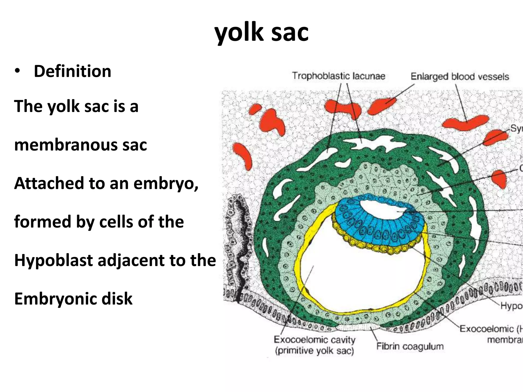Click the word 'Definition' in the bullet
(x=73, y=71)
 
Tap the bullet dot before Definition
(x=17, y=71)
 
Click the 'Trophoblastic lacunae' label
(x=338, y=76)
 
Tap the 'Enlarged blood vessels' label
(x=460, y=77)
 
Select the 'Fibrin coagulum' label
(x=410, y=346)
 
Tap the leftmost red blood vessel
(x=243, y=156)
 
